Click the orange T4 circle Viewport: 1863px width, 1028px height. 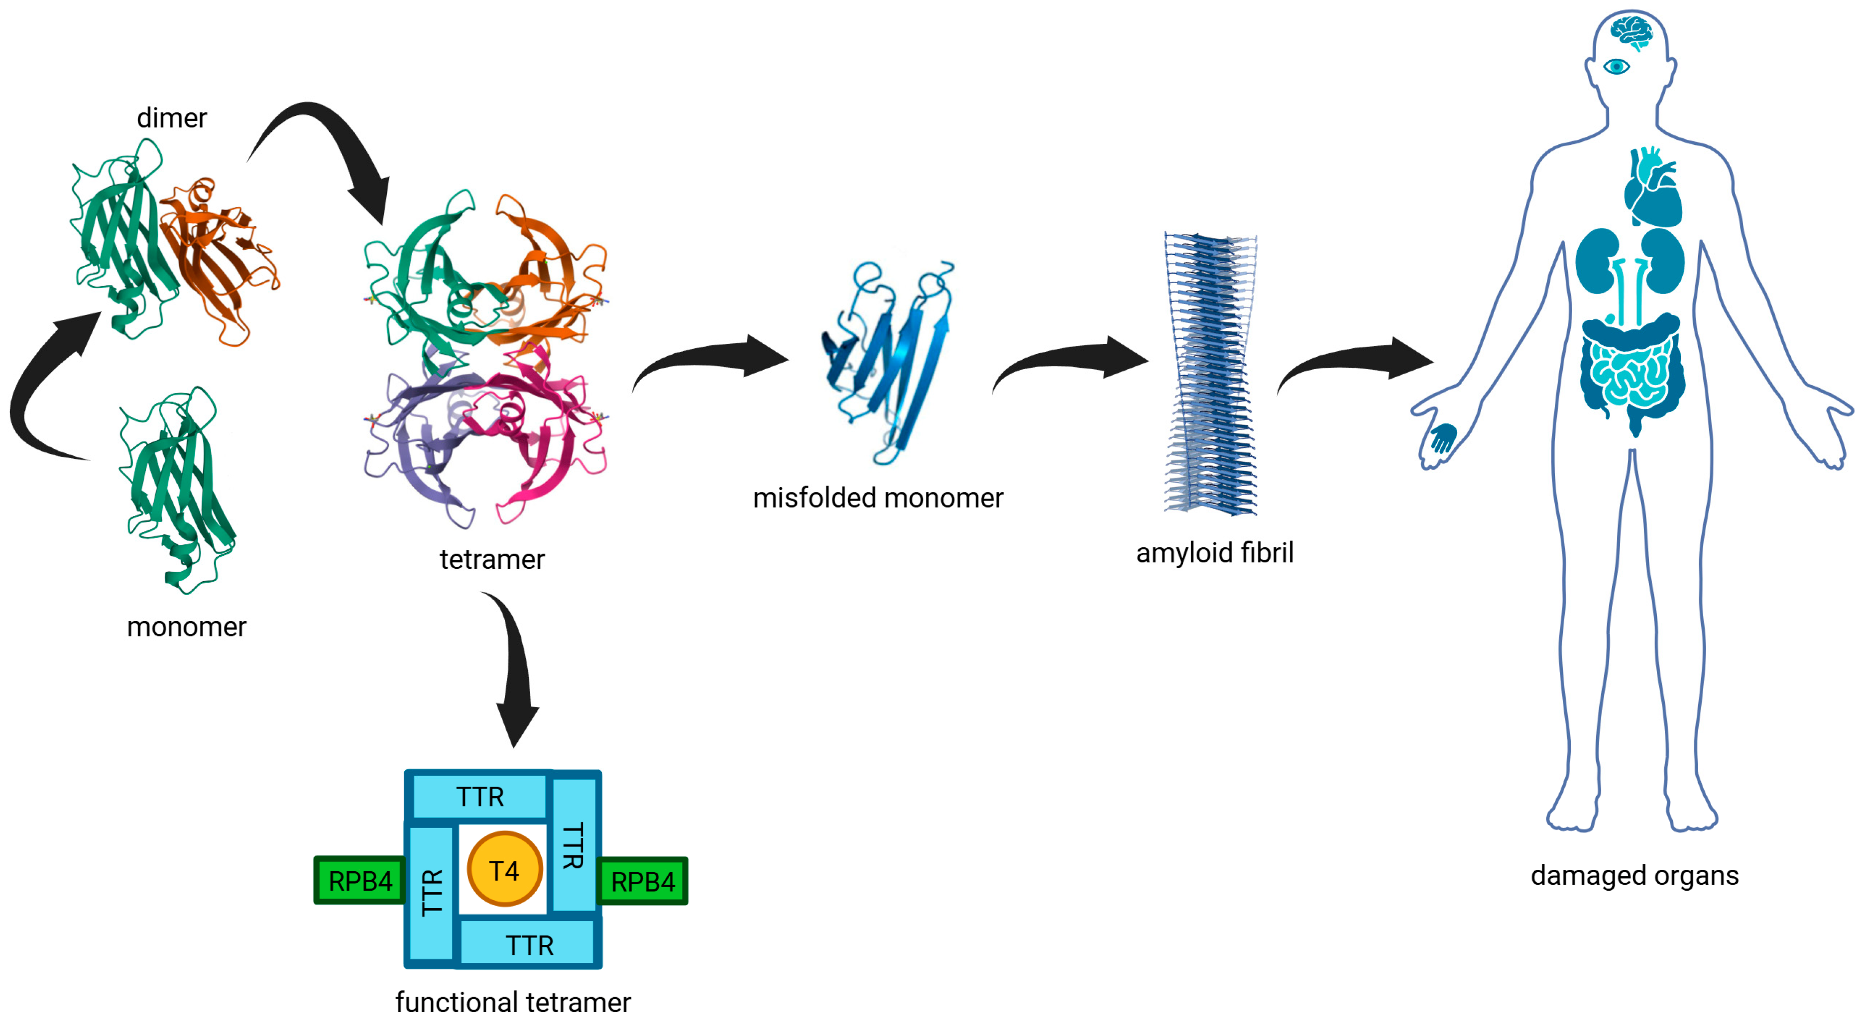tap(504, 870)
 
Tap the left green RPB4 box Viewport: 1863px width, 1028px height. tap(359, 881)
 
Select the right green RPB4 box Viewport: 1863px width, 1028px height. tap(642, 881)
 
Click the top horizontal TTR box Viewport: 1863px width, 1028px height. tap(479, 796)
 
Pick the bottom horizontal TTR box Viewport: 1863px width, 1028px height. tap(529, 944)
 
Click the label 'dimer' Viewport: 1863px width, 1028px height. tap(171, 118)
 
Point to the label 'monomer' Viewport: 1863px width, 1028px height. tap(187, 626)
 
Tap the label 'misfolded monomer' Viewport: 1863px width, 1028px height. tap(878, 498)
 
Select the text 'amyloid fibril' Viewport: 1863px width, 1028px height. tap(1214, 552)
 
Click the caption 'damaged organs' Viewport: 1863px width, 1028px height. tap(1634, 875)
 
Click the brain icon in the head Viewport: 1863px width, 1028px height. tap(1631, 32)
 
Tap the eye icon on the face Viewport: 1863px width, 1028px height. tap(1617, 67)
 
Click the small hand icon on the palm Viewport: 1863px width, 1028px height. tap(1443, 438)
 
